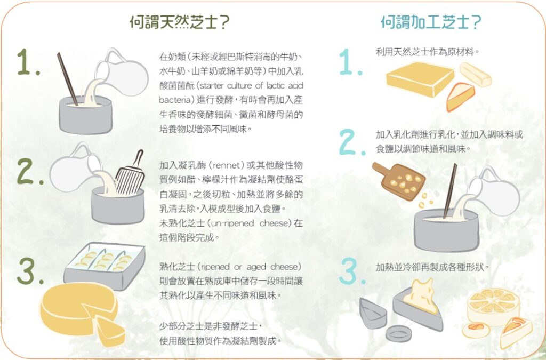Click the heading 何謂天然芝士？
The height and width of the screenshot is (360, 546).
[x=180, y=22]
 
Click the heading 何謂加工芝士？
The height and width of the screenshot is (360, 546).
[x=431, y=22]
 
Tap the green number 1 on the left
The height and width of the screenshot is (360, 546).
[x=27, y=63]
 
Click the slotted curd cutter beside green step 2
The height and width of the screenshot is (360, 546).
[x=131, y=176]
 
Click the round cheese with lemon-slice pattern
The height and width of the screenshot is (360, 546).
[x=491, y=306]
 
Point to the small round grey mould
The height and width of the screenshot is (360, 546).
[x=398, y=334]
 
